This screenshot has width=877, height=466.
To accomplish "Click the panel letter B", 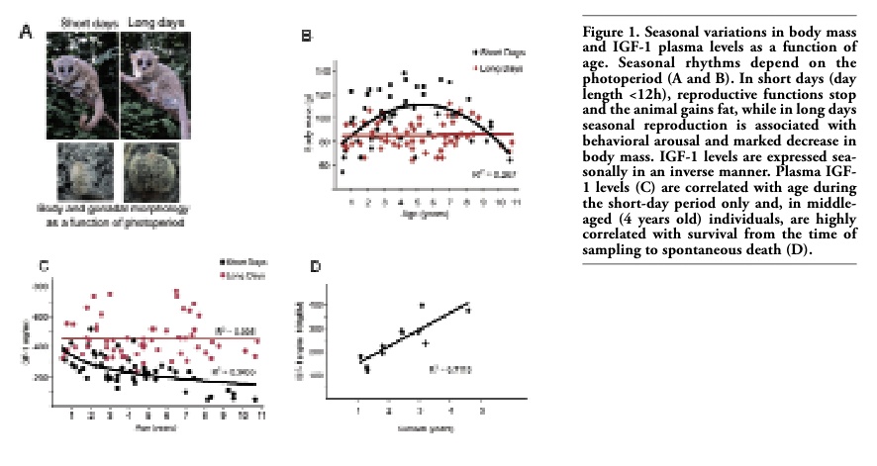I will pos(306,37).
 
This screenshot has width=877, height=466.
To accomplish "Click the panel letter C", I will pos(44,265).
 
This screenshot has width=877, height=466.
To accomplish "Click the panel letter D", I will pos(316,266).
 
